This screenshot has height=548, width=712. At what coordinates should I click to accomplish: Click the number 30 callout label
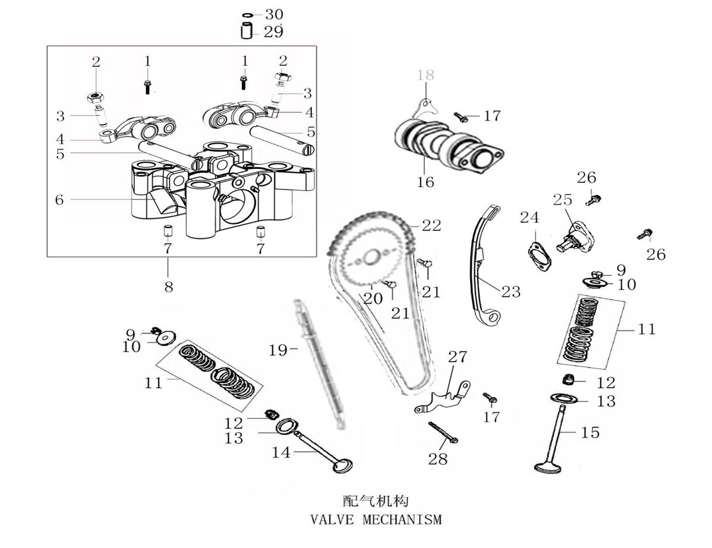(x=274, y=14)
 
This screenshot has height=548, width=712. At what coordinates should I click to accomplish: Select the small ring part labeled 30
(x=247, y=14)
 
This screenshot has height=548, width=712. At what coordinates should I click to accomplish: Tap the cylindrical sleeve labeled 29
(x=247, y=31)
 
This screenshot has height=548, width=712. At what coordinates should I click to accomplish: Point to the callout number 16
(x=426, y=182)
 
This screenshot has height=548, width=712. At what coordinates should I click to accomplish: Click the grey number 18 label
(x=426, y=75)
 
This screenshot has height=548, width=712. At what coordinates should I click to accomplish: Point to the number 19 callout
(x=278, y=350)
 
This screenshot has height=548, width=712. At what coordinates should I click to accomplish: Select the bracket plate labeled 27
(x=443, y=398)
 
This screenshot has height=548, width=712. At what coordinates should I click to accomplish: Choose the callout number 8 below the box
(x=169, y=287)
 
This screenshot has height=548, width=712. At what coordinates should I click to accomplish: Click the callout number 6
(x=59, y=199)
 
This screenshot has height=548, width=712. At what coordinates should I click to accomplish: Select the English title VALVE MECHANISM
(x=377, y=520)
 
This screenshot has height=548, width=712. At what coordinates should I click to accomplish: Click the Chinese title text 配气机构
(x=377, y=500)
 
